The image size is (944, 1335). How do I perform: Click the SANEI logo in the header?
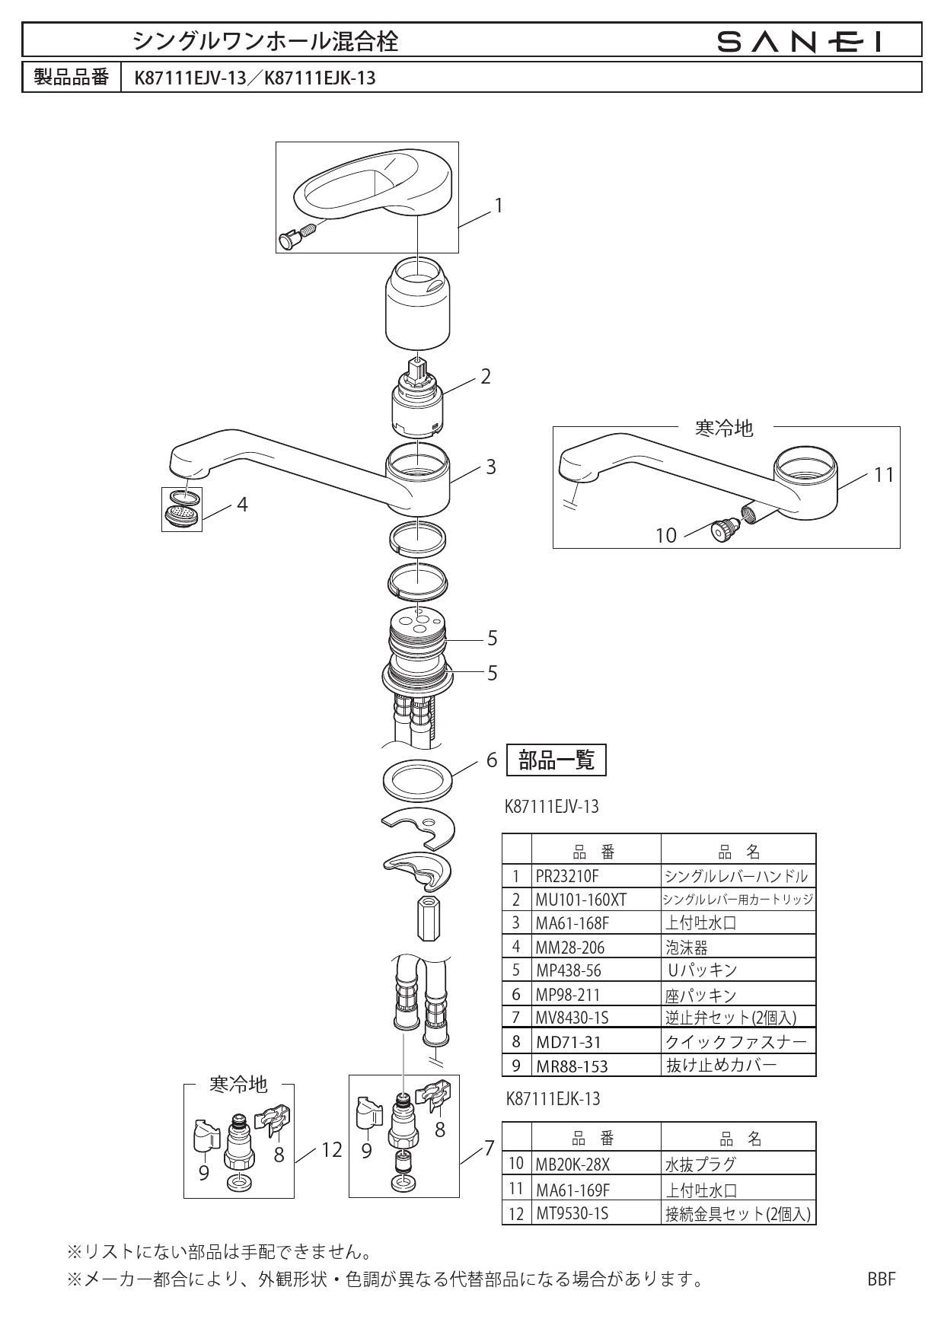[804, 41]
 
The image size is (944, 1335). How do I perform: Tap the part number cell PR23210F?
[567, 876]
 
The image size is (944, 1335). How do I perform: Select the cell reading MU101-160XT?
[581, 900]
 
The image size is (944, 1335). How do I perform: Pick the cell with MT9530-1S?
[572, 1214]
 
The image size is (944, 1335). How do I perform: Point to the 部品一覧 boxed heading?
[557, 760]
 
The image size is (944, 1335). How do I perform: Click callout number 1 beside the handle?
[499, 206]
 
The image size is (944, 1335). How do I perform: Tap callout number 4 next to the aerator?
[242, 505]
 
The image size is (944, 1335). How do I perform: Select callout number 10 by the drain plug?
[666, 536]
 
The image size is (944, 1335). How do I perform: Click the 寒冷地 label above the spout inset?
[724, 429]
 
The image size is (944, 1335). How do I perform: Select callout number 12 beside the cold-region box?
[331, 1150]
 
